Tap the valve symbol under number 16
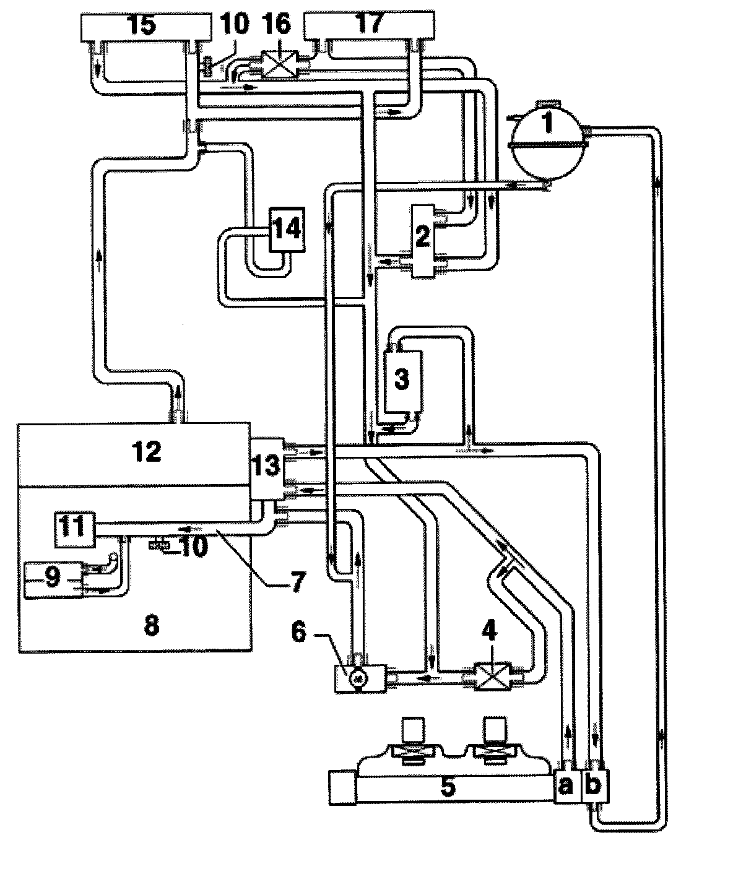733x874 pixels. coord(276,63)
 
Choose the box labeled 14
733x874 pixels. coord(286,229)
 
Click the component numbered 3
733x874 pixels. coord(402,379)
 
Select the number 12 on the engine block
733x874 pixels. coord(147,452)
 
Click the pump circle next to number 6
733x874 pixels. coord(357,678)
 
